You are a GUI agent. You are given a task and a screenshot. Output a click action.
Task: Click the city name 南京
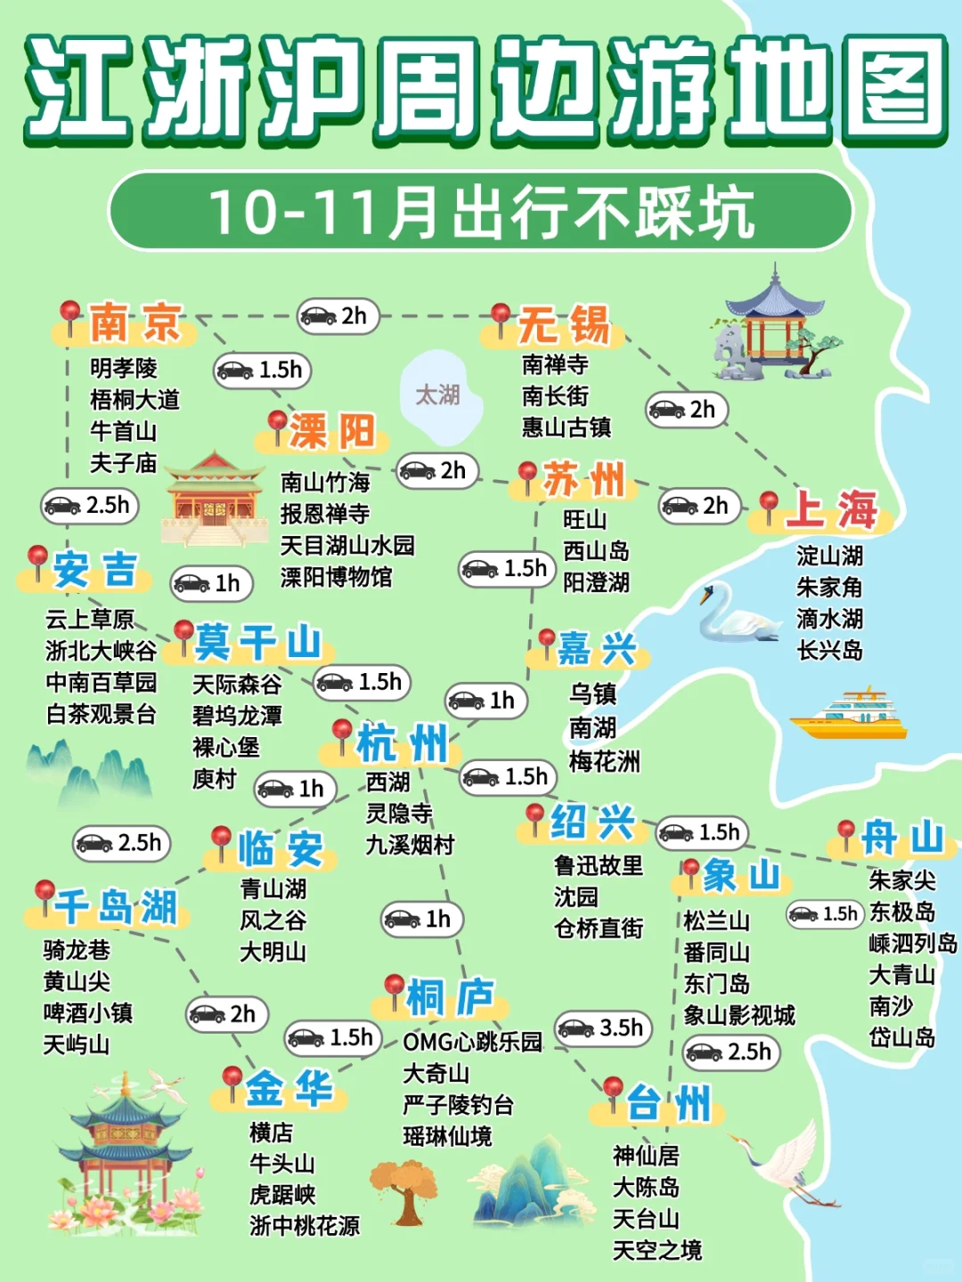pos(135,322)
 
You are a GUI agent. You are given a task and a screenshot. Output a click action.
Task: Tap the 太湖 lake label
pos(437,394)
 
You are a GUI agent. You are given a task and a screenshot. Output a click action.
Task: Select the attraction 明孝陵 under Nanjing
pos(124,368)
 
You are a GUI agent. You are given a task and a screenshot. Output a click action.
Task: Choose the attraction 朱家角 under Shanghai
pos(829,587)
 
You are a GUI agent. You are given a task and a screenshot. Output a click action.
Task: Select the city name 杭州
pos(402,742)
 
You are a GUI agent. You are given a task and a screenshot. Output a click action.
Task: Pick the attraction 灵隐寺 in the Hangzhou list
pos(399,813)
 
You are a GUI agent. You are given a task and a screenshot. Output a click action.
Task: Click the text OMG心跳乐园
pos(472,1042)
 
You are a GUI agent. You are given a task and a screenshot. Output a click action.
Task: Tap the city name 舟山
pos(901,838)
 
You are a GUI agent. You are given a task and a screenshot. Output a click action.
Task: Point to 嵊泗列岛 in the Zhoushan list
pos(912,943)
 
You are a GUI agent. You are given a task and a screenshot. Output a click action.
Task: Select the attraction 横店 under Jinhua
pos(271,1132)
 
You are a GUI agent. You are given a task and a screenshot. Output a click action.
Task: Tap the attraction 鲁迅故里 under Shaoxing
pos(598,865)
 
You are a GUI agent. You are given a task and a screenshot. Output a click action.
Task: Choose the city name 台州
pos(668,1104)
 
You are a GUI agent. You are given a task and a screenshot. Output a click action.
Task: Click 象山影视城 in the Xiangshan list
pos(738,1015)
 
